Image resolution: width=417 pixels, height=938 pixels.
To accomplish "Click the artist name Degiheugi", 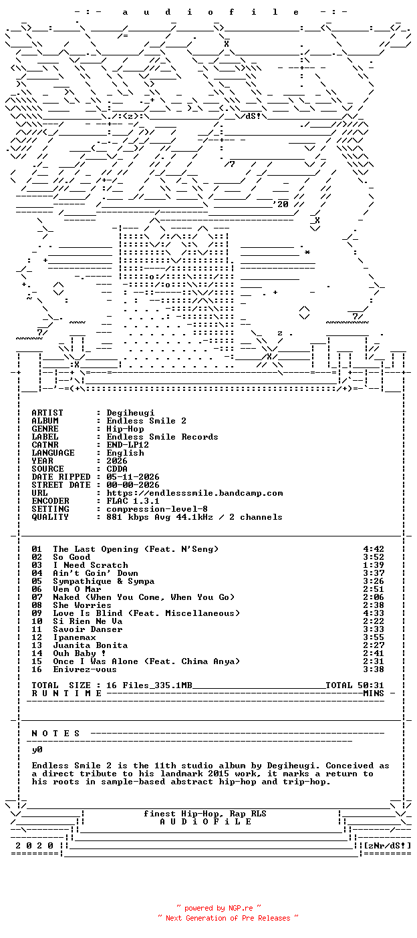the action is (130, 413).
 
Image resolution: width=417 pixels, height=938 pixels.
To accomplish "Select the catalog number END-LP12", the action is (128, 445).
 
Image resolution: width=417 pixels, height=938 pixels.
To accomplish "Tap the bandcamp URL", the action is (194, 493).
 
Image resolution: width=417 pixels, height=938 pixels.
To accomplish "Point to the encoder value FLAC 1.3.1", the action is (133, 501).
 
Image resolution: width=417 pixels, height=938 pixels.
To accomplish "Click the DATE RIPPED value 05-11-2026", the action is (133, 477).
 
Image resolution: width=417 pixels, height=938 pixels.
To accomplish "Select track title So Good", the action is (72, 557).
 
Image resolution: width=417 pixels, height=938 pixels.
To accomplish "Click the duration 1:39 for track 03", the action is (374, 565).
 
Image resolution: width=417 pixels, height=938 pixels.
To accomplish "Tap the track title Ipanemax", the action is (75, 637).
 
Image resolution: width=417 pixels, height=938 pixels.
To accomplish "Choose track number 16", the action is (37, 669).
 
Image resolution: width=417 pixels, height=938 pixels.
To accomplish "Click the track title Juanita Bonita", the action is (90, 645).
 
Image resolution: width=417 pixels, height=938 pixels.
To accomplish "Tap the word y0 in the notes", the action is (37, 750).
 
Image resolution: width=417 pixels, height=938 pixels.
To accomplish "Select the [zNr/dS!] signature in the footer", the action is (388, 845).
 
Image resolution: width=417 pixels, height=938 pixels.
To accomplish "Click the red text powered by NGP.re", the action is (219, 908).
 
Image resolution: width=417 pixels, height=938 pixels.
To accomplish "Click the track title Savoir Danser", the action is (88, 629).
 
